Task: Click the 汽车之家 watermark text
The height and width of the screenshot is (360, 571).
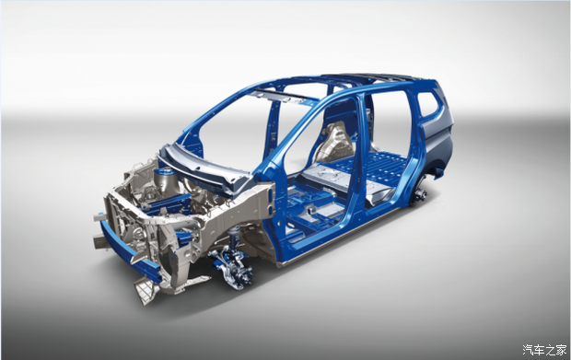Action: (544, 350)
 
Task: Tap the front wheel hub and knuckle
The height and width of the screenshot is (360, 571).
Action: (234, 269)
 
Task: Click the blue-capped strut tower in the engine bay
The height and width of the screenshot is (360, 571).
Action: (165, 180)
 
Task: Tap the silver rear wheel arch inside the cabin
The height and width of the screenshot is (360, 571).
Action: (334, 141)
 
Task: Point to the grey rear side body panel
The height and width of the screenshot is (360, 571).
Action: (437, 138)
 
